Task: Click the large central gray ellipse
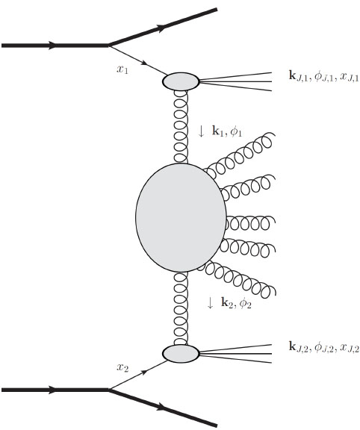click(x=181, y=217)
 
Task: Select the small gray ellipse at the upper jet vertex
click(x=181, y=81)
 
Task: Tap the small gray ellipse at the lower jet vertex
click(x=181, y=354)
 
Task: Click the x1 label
click(x=122, y=69)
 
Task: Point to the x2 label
click(x=122, y=367)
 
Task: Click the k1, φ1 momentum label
click(x=227, y=131)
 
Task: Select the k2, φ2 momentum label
click(x=236, y=303)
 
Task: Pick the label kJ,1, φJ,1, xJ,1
click(x=324, y=76)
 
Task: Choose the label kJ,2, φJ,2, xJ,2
click(x=324, y=347)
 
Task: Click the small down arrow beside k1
click(x=201, y=131)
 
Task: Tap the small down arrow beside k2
click(x=210, y=303)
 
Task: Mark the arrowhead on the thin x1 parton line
click(x=145, y=63)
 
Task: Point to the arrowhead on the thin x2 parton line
click(x=145, y=372)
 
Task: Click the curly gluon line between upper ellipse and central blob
click(x=181, y=127)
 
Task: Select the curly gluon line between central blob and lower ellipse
click(x=181, y=308)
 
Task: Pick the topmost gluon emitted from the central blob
click(x=239, y=155)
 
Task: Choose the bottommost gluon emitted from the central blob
click(x=238, y=280)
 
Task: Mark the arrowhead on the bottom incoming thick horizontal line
click(x=52, y=390)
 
